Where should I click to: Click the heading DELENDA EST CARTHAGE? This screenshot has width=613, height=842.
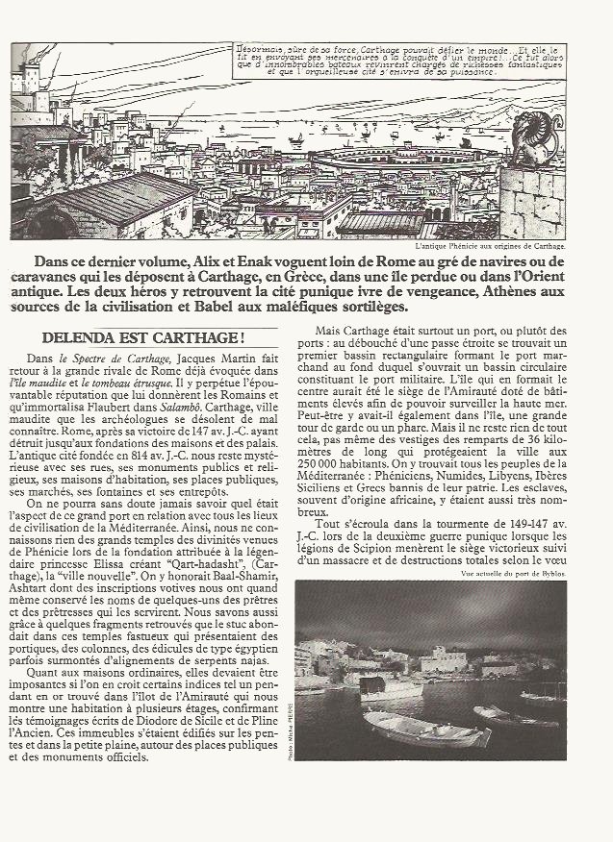pyautogui.click(x=143, y=339)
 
